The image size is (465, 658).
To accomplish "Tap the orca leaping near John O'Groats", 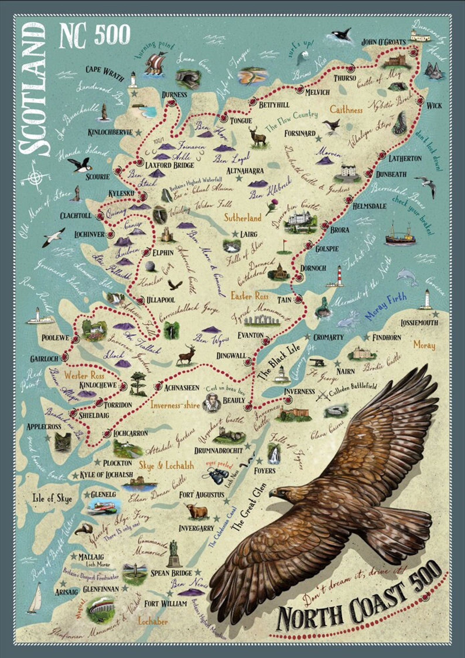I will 340,36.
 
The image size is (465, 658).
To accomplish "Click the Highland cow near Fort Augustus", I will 196,510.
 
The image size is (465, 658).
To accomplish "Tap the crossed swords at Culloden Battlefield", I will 323,397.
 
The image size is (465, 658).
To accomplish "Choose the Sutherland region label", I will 242,218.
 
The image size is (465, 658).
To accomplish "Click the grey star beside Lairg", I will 235,234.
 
